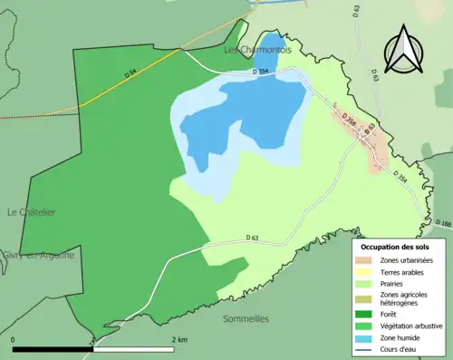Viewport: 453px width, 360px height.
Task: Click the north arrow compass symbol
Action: pos(403,51)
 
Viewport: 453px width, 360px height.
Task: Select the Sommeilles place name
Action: pos(246,319)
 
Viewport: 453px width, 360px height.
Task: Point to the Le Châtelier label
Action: pos(31,212)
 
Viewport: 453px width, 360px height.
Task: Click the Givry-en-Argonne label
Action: pos(38,256)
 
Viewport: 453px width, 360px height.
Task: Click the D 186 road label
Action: pos(442,223)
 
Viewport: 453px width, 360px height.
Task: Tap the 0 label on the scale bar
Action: pos(14,339)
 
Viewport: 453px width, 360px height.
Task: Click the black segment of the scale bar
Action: pos(54,348)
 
